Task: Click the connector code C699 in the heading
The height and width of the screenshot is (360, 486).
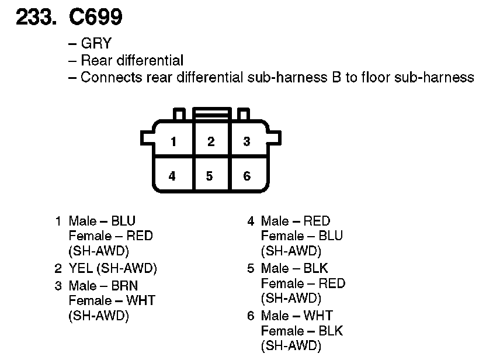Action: click(96, 18)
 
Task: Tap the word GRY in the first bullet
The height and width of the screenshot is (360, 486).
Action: click(96, 44)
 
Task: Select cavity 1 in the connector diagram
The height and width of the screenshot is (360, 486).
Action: click(173, 141)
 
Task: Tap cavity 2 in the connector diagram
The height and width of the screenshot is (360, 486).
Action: click(211, 141)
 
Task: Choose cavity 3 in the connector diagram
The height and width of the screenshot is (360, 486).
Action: click(247, 141)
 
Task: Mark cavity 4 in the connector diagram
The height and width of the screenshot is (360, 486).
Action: click(172, 175)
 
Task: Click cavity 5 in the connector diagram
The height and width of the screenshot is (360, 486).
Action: click(210, 175)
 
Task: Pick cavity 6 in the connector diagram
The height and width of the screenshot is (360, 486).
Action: click(247, 175)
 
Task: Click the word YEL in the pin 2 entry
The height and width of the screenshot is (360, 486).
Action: click(81, 269)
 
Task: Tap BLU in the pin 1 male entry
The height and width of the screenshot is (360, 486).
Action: click(123, 221)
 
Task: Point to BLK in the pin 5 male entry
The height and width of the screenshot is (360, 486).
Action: click(316, 269)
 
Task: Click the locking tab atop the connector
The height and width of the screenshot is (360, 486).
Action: click(211, 113)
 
